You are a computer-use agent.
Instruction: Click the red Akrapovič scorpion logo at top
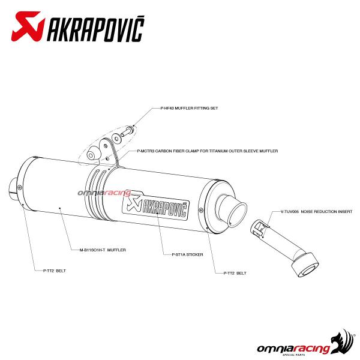28,26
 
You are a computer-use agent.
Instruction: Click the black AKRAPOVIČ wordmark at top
95,29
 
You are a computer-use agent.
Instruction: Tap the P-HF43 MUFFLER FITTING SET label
189,108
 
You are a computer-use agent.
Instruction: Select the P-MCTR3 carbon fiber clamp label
208,151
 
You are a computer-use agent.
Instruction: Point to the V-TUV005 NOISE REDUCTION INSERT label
316,211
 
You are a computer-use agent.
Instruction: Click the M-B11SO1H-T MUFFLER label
103,250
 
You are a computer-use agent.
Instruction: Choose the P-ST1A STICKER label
187,254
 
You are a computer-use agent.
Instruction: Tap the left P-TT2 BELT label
55,271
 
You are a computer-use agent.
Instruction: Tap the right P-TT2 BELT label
235,273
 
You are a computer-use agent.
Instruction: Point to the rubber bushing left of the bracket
94,154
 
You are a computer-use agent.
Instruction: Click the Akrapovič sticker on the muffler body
155,207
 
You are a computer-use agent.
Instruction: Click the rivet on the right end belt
202,210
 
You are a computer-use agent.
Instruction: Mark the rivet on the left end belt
20,188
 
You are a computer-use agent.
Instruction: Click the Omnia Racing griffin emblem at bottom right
343,341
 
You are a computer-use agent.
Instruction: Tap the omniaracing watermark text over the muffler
104,193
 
